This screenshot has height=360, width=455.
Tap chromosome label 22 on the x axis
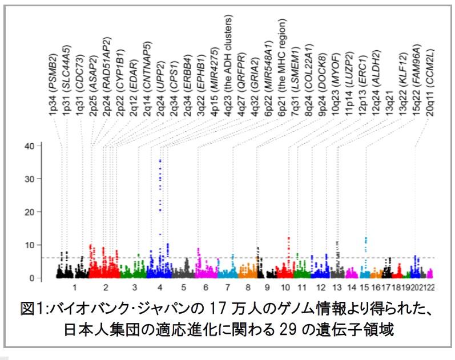(x=430, y=289)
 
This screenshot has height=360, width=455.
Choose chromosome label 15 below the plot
(x=365, y=289)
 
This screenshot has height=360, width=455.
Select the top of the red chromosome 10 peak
(x=289, y=238)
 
